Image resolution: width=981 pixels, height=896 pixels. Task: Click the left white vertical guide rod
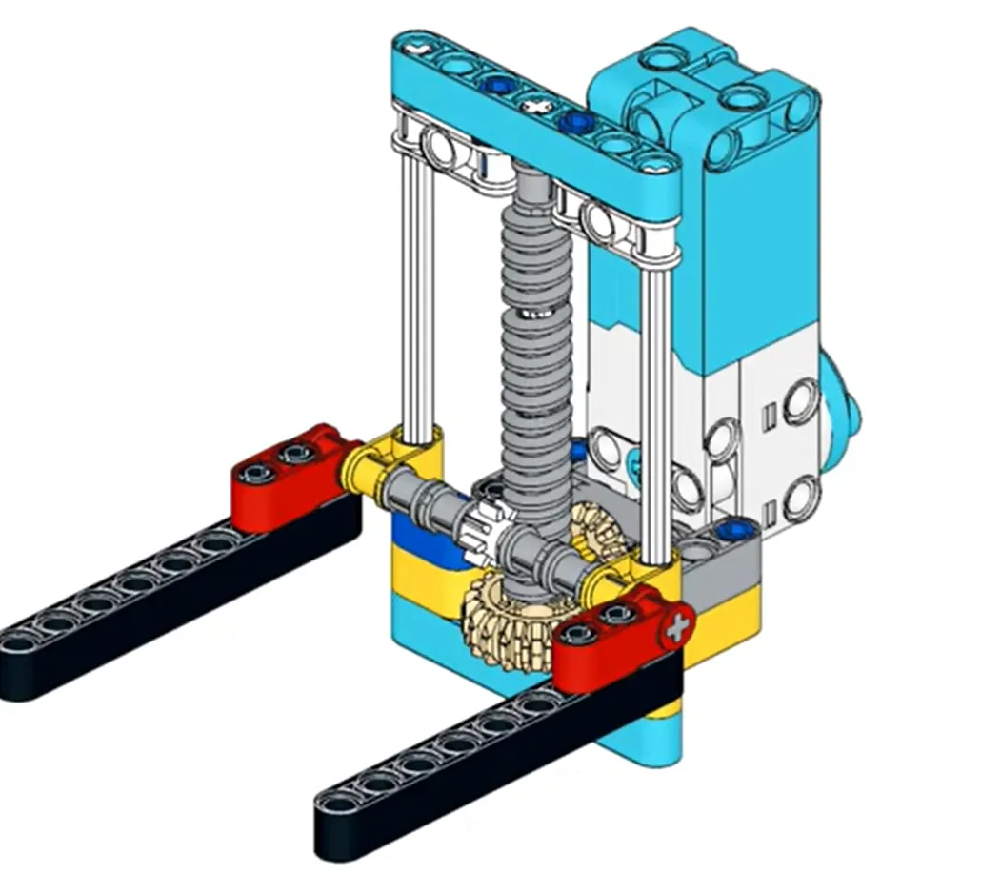coord(416,295)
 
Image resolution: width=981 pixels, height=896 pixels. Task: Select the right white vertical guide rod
coord(657,400)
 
